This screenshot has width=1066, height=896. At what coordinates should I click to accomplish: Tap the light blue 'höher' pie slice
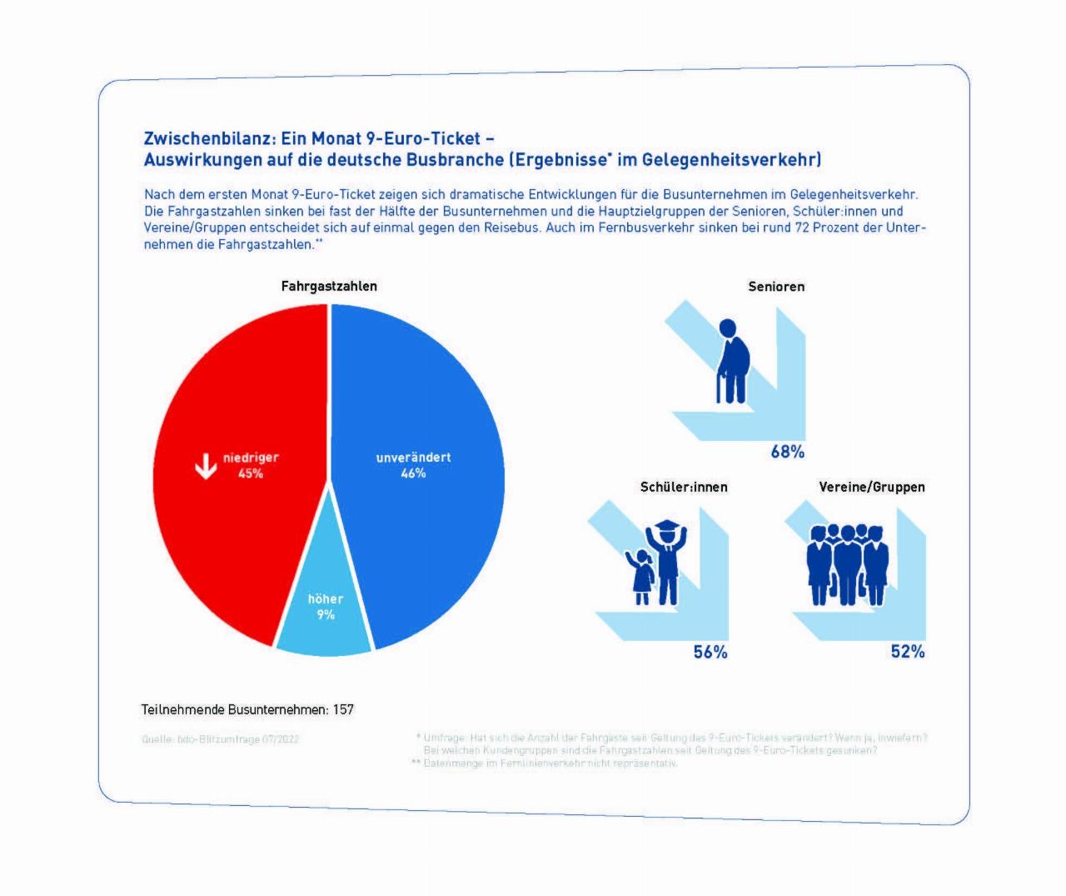click(325, 629)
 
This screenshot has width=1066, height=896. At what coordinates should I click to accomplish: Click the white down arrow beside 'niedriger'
click(205, 466)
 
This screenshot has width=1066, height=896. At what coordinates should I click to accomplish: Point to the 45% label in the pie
click(251, 473)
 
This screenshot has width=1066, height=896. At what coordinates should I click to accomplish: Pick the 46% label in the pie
click(414, 473)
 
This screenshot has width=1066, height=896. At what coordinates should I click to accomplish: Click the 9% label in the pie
click(326, 615)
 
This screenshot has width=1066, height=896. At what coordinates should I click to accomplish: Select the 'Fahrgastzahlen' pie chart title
click(329, 286)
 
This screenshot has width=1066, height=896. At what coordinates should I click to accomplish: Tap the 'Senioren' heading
click(776, 286)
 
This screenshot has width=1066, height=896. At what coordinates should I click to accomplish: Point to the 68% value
click(787, 452)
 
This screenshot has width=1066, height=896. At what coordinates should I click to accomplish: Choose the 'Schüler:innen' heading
click(684, 487)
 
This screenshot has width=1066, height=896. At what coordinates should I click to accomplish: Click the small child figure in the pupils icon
click(641, 576)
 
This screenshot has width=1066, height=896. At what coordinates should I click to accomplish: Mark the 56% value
click(710, 652)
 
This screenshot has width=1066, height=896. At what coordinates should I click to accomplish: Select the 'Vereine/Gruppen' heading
click(872, 487)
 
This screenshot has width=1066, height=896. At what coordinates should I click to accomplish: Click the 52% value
click(908, 652)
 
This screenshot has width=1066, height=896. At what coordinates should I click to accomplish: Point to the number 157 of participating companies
click(343, 709)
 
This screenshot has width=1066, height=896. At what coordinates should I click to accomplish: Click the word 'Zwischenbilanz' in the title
click(208, 138)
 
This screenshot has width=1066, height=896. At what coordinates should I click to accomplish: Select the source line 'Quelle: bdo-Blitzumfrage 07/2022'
click(221, 739)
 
